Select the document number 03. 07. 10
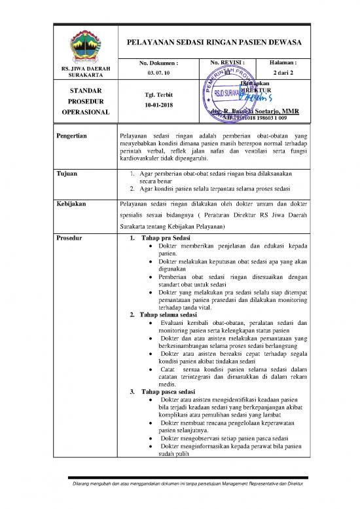coord(158,73)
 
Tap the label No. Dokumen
coord(159,63)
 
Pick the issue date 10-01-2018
coord(158,105)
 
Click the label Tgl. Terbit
coord(158,94)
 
